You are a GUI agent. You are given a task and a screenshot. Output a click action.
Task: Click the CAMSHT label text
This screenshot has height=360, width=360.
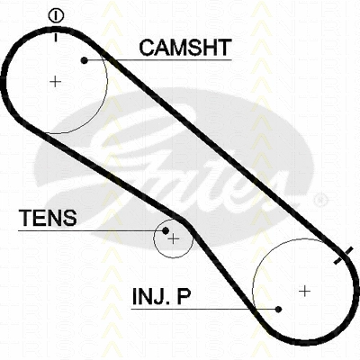(185, 48)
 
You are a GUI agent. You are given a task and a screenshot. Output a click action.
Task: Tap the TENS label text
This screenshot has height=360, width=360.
(48, 218)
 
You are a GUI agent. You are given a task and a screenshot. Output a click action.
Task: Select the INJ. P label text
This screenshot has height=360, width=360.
(161, 296)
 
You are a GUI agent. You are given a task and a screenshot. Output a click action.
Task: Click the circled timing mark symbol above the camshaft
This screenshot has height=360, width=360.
(56, 16)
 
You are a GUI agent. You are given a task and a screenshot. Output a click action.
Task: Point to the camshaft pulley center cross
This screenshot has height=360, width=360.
(55, 81)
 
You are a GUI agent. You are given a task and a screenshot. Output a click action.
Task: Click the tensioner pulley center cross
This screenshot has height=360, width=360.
(174, 238)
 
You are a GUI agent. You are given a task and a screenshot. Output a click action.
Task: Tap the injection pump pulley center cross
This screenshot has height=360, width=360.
(305, 291)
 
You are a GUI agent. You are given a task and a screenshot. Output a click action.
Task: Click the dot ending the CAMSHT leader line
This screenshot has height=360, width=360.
(85, 60)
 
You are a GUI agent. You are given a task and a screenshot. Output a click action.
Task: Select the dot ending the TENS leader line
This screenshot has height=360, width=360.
(166, 230)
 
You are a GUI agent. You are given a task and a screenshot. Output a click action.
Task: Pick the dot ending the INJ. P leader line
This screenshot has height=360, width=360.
(278, 309)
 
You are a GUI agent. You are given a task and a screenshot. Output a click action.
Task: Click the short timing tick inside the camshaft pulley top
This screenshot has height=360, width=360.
(56, 37)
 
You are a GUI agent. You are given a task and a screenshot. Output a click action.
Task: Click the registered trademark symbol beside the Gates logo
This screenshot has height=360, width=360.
(321, 200)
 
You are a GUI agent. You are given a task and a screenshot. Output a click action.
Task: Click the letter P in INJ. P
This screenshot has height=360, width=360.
(183, 296)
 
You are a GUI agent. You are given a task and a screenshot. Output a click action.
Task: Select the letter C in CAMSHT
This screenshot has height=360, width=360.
(147, 48)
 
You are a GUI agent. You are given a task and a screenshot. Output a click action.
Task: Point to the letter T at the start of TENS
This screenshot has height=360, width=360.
(25, 218)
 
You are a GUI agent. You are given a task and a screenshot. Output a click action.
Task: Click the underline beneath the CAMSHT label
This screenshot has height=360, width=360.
(158, 60)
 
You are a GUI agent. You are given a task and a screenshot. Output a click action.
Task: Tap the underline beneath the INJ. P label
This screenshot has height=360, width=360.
(205, 309)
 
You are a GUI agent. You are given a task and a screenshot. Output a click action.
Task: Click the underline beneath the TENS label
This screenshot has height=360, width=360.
(92, 230)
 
